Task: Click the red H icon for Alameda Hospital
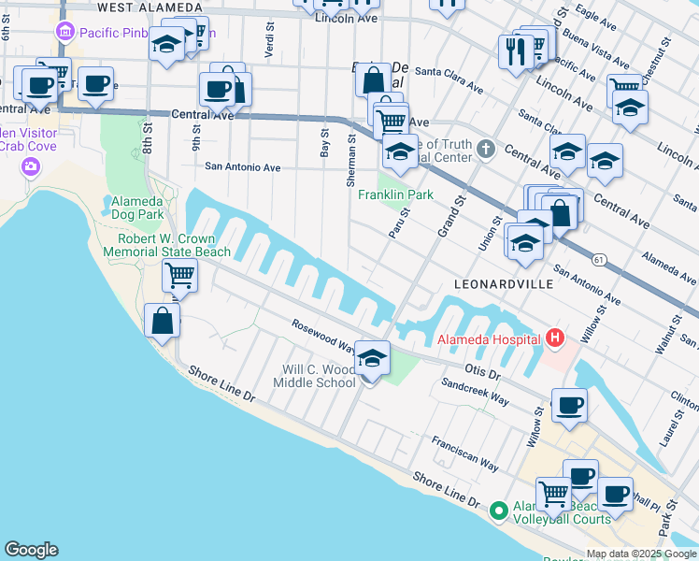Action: (x=556, y=338)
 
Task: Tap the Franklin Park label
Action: (x=396, y=194)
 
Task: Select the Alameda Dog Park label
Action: (x=137, y=208)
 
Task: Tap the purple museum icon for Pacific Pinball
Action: (x=64, y=33)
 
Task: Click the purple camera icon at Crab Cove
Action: (x=30, y=166)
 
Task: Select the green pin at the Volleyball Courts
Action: (x=498, y=511)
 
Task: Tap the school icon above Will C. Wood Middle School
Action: (x=372, y=357)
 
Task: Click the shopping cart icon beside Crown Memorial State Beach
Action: (x=178, y=275)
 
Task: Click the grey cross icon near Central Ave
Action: (x=485, y=148)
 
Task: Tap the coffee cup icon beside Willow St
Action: (x=569, y=406)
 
